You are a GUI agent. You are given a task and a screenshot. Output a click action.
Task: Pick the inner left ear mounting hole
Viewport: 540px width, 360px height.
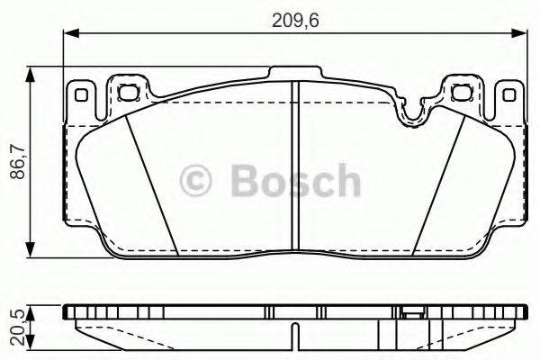(x=126, y=88)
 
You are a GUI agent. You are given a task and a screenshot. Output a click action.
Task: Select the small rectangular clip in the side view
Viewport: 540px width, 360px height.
(x=412, y=314)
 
